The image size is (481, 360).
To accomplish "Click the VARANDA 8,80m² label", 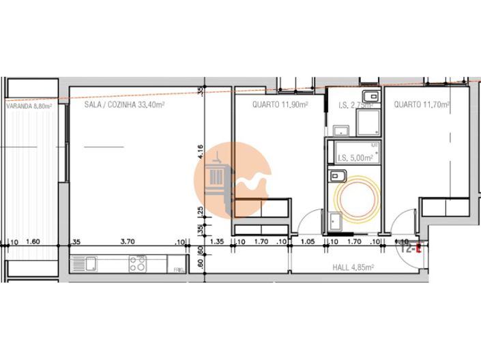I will click(x=29, y=106).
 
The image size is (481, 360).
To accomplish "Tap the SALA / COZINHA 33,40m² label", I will click(x=124, y=105).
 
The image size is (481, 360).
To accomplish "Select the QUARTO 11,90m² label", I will click(x=280, y=105).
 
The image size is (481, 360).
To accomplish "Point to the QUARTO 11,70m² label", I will click(x=421, y=105).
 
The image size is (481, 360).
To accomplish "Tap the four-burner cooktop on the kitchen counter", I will click(x=137, y=264).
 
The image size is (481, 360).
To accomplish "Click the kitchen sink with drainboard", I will click(x=86, y=264).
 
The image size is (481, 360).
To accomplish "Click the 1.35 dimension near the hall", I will click(x=218, y=241).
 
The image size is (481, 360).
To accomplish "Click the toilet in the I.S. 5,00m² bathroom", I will click(x=334, y=177).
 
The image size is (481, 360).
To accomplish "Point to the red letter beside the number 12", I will click(x=419, y=249).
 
